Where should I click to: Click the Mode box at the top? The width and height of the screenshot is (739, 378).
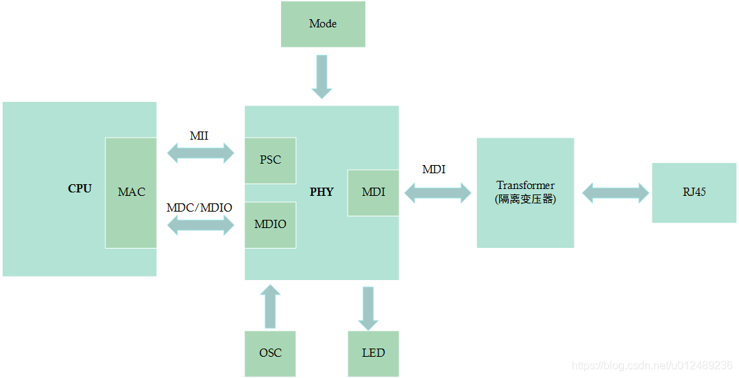coord(323,24)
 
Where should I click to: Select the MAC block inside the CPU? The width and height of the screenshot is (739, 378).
coord(131,192)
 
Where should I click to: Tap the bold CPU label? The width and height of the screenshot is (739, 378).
coord(80,189)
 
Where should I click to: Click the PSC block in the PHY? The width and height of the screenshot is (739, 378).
coord(270,160)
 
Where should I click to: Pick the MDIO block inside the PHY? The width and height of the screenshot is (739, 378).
coord(270,225)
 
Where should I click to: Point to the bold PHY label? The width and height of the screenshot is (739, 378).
coord(322,192)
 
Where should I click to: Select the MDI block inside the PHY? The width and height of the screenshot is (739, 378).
coord(373,192)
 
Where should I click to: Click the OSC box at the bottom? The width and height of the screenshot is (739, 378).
coord(270,353)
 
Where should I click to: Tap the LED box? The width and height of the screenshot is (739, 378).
coord(373,353)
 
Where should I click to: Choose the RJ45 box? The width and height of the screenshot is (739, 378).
coord(694,192)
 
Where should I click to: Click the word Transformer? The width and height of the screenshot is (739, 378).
coord(525,186)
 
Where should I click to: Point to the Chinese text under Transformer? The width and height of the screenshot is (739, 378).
coord(525,199)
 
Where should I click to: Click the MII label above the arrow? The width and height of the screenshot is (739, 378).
coord(199,136)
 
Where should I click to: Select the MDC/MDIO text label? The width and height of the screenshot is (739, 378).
coord(199,207)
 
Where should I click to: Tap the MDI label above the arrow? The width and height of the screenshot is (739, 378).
coord(433,170)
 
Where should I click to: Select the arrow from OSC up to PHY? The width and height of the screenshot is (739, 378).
coord(271,306)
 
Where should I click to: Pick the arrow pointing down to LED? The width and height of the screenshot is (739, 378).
coord(368,307)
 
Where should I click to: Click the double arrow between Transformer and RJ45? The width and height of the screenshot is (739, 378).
coord(615,192)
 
